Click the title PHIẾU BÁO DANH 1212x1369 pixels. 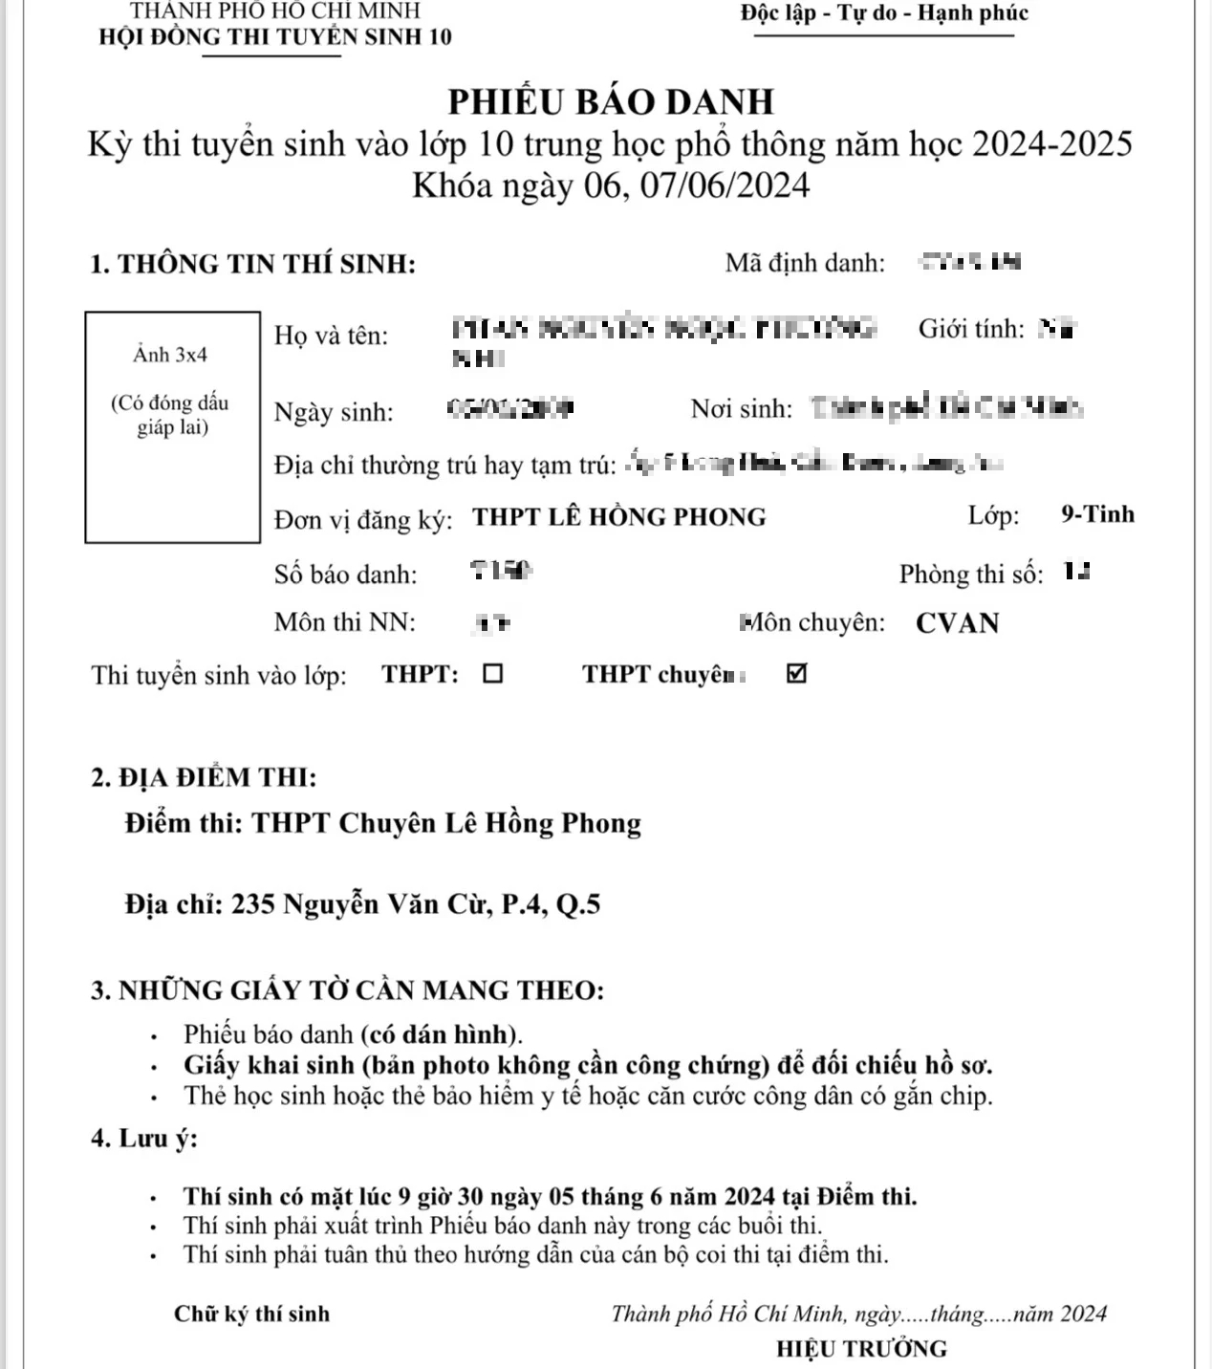pos(611,101)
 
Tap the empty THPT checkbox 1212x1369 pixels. pos(492,674)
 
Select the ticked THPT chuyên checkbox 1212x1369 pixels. pos(796,674)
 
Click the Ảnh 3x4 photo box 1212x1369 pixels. pos(172,426)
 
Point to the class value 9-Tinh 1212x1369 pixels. pos(1097,514)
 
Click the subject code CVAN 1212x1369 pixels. pos(957,622)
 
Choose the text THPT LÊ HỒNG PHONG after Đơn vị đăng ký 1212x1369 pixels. pos(619,517)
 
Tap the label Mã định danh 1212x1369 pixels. pos(805,263)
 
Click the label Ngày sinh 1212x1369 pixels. pos(334,412)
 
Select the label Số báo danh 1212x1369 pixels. pos(345,575)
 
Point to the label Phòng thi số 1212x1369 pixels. pos(970,575)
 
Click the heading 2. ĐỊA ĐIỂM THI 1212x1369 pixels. pos(204,777)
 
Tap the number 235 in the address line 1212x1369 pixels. pos(253,904)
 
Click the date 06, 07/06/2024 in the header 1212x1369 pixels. pos(697,185)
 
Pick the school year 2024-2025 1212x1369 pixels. pos(1051,144)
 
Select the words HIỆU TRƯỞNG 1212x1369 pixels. pos(861,1349)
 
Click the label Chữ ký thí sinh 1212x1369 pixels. pos(251,1314)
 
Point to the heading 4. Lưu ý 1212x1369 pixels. pos(144,1139)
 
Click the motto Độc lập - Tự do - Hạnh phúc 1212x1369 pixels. pos(884,13)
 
